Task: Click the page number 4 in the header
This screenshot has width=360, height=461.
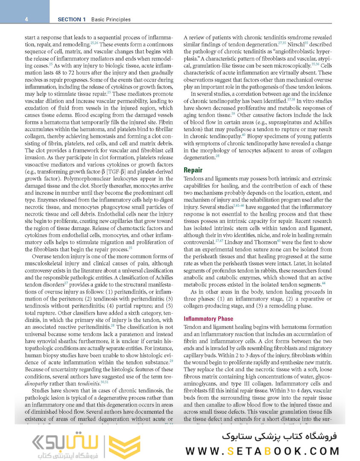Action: click(x=26, y=19)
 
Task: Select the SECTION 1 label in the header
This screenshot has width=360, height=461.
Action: click(x=72, y=19)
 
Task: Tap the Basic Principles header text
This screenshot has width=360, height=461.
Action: click(x=110, y=19)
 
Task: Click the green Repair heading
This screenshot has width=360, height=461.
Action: click(x=193, y=170)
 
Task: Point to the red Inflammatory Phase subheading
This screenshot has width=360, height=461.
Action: click(x=208, y=318)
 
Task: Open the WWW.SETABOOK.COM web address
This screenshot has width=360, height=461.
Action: click(x=263, y=451)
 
